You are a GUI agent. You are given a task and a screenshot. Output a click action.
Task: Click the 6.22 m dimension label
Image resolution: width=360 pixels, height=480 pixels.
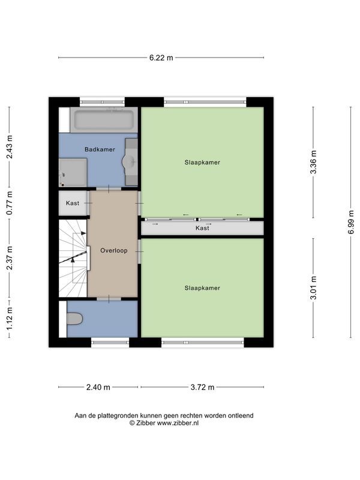point(161,58)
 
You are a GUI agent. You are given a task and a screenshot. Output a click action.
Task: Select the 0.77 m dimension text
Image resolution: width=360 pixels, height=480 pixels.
point(9,203)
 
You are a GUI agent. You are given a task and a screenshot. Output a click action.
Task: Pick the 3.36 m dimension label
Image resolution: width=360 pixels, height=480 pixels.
point(313,162)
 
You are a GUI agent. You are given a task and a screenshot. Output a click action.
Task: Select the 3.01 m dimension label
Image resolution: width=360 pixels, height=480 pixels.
point(313,288)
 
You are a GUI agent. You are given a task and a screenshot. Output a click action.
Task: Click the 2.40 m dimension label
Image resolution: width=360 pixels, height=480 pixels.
point(98,387)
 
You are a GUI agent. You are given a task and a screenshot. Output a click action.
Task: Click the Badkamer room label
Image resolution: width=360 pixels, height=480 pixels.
point(99,149)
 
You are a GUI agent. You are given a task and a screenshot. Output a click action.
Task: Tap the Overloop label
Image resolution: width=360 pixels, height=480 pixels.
point(113,251)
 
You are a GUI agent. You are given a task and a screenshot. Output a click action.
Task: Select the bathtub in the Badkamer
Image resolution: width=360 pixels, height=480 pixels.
point(103,120)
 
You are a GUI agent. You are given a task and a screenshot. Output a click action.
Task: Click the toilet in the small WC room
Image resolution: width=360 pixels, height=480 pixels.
point(74,319)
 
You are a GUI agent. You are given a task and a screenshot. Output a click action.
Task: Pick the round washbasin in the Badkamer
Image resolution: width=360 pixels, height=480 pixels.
point(130,161)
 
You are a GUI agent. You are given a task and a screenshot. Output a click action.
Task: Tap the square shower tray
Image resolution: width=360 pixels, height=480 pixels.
point(73,172)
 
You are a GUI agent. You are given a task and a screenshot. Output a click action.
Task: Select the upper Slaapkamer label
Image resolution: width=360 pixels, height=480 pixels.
point(202,162)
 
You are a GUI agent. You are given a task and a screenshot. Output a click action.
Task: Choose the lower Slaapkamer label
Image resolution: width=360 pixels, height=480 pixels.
point(202,288)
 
